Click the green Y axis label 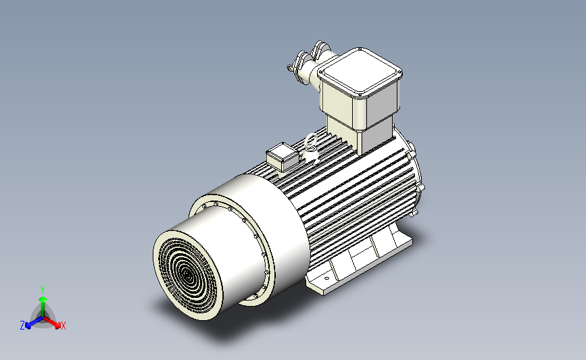43,290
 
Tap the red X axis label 63,326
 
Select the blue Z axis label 22,326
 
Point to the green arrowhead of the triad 43,299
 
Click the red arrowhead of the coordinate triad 57,326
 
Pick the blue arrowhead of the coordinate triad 28,326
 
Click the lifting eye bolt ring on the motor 310,142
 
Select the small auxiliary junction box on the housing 282,157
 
